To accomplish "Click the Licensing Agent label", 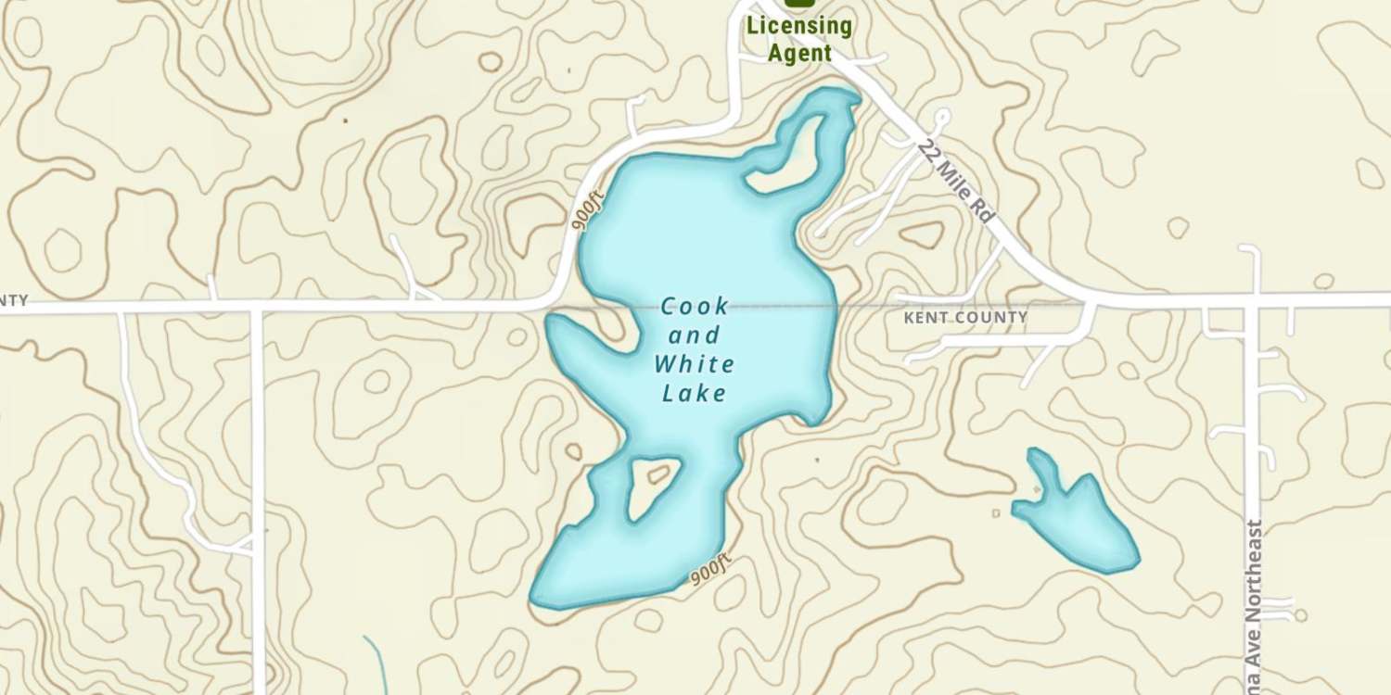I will pyautogui.click(x=798, y=39).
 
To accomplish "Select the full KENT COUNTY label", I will pyautogui.click(x=965, y=318).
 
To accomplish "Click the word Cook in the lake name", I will pyautogui.click(x=695, y=307).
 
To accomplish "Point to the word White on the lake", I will pyautogui.click(x=695, y=363).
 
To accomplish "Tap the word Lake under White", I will pyautogui.click(x=694, y=394).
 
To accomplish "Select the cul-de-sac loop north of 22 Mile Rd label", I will pyautogui.click(x=942, y=118).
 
